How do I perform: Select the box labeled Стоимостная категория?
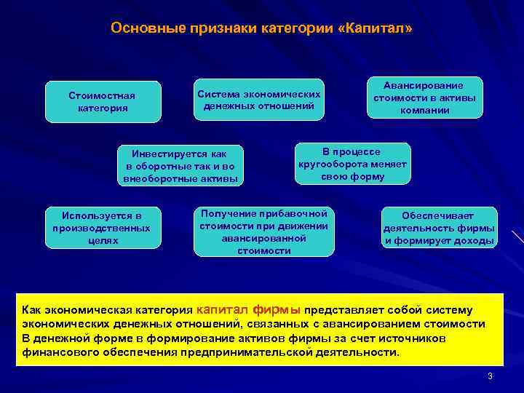click(x=103, y=101)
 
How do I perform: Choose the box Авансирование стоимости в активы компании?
click(x=424, y=98)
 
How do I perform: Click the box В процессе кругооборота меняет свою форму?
click(x=352, y=164)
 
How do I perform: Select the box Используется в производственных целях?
click(x=101, y=228)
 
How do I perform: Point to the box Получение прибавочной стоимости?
click(x=264, y=231)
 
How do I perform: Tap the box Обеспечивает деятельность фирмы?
click(x=439, y=228)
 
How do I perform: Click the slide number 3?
click(x=490, y=376)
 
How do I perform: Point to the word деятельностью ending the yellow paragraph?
click(x=357, y=352)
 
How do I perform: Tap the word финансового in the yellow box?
click(x=58, y=352)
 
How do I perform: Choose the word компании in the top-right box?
click(x=424, y=111)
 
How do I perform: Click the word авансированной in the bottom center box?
click(x=264, y=237)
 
